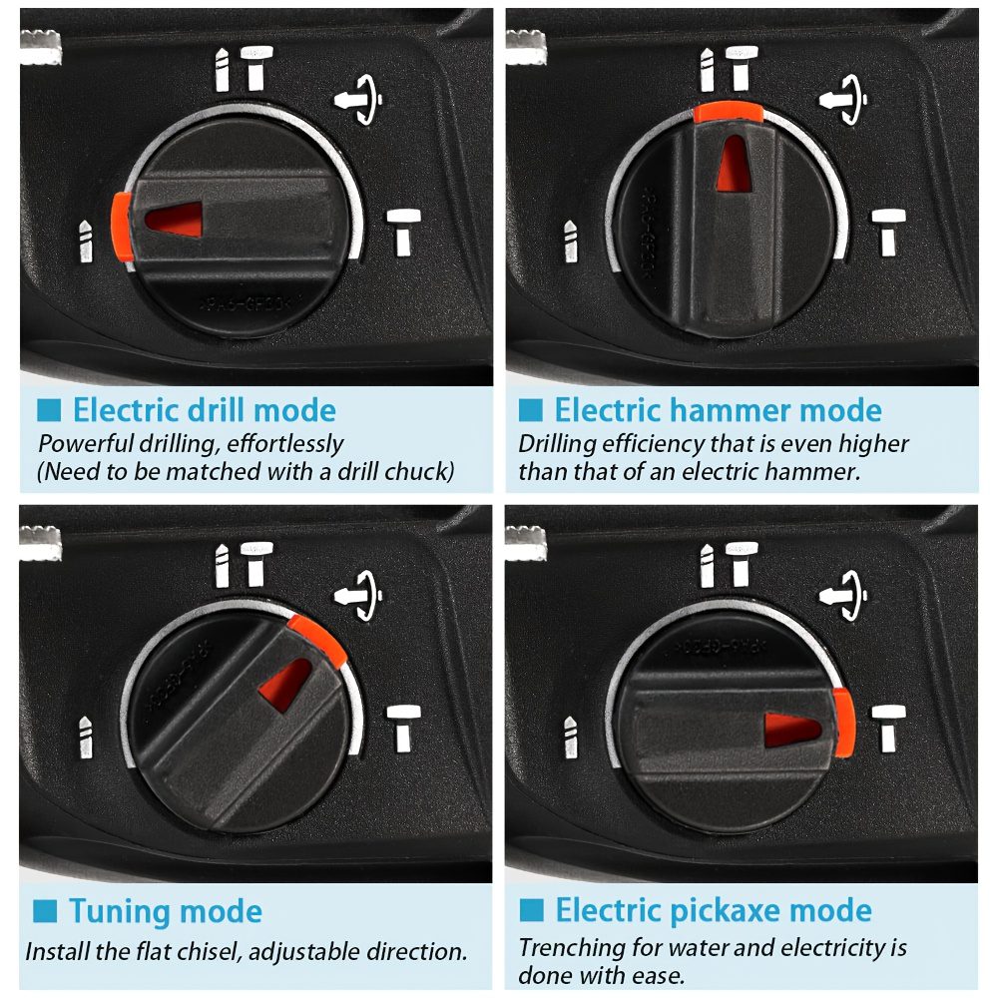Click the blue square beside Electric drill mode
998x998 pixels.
pyautogui.click(x=49, y=410)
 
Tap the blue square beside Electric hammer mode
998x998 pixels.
pyautogui.click(x=531, y=410)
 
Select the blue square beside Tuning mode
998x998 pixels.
pyautogui.click(x=45, y=911)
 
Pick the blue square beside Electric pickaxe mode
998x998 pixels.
pyautogui.click(x=532, y=910)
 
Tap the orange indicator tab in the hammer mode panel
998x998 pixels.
pyautogui.click(x=729, y=113)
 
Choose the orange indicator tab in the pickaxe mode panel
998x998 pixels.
pyautogui.click(x=843, y=723)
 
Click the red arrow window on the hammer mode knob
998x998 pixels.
pyautogui.click(x=734, y=165)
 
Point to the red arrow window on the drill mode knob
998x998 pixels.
pyautogui.click(x=174, y=220)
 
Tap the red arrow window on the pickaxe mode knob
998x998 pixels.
pyautogui.click(x=792, y=730)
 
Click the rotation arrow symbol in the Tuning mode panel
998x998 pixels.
pyautogui.click(x=358, y=595)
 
